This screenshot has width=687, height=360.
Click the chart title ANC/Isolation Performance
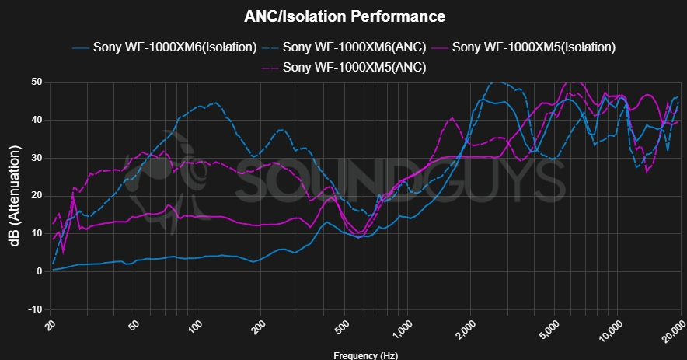tap(344, 16)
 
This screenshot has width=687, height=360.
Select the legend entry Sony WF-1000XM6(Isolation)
tap(175, 47)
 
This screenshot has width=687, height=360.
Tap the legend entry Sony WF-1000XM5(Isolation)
tap(534, 47)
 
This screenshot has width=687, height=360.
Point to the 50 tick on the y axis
tap(36, 82)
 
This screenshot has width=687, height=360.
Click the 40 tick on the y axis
tap(36, 120)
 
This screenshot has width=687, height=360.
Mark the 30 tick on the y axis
tap(36, 158)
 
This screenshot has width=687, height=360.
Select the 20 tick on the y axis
tap(36, 196)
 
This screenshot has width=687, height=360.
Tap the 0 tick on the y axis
tap(39, 271)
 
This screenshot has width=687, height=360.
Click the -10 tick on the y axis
tap(34, 309)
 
